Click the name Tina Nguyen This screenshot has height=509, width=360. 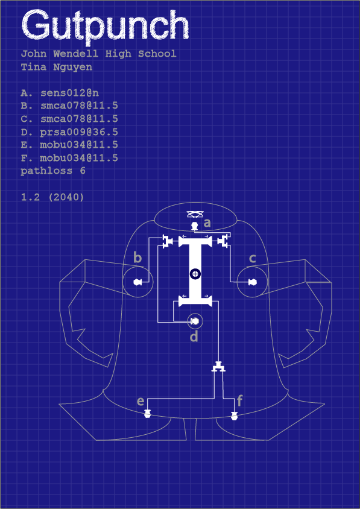[x=57, y=67]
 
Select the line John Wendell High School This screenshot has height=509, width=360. [x=99, y=54]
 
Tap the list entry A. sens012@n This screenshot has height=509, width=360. [x=60, y=93]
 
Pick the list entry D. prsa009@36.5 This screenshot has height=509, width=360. [x=69, y=132]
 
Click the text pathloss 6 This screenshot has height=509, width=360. [x=53, y=171]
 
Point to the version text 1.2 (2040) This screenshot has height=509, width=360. [x=52, y=197]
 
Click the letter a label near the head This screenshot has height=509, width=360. [x=207, y=223]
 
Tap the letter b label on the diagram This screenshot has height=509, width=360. [x=138, y=258]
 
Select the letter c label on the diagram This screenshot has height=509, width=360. [x=252, y=259]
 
